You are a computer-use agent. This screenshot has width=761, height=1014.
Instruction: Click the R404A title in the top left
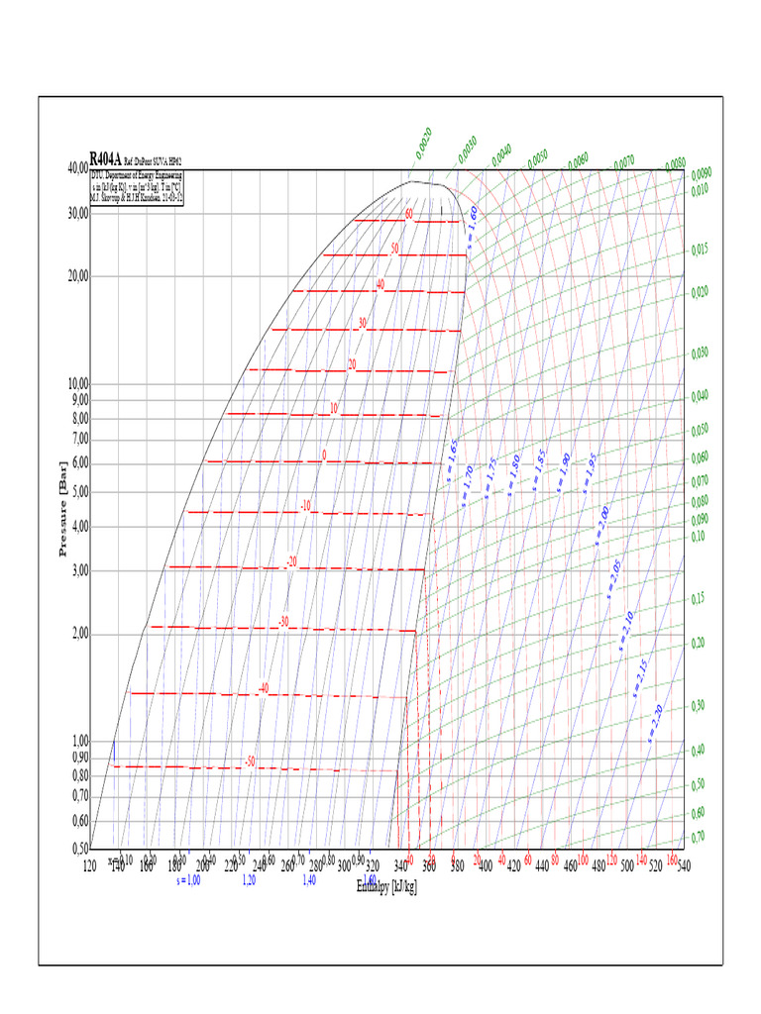tap(105, 158)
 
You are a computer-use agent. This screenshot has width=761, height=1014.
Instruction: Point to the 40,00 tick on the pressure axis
tap(77, 169)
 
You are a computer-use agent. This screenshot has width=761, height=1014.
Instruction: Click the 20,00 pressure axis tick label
tap(77, 276)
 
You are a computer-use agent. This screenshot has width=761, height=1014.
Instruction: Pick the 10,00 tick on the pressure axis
tap(77, 383)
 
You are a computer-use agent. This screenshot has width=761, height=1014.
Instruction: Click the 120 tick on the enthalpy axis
tap(90, 865)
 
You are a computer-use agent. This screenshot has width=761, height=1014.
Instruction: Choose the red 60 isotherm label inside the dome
tap(407, 214)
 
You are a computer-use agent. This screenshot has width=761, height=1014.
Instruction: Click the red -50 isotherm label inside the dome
tap(250, 761)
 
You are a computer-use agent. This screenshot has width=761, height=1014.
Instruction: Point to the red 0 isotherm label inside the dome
tap(323, 456)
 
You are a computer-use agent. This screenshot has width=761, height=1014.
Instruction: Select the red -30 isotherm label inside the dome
tap(283, 622)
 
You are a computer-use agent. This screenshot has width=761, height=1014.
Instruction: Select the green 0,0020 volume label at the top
tap(423, 143)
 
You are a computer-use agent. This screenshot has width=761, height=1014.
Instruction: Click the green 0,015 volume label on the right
tap(700, 250)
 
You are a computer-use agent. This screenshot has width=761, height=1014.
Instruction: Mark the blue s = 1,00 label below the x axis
tap(187, 879)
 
